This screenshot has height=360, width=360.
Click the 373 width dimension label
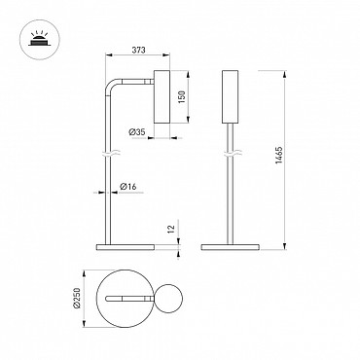pos(138,50)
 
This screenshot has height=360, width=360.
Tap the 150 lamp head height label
pos(181,97)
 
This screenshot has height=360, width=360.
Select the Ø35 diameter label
pos(136,132)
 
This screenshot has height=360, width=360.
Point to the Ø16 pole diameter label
pos(128,187)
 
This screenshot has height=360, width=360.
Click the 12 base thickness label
pos(171,229)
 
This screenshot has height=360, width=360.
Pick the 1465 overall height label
pos(279,155)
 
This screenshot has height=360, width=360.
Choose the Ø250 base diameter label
pos(77,297)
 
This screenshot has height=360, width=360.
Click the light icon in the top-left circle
pos(39,39)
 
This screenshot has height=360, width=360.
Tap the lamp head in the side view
pos(162,96)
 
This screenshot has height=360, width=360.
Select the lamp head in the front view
pos(230,96)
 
